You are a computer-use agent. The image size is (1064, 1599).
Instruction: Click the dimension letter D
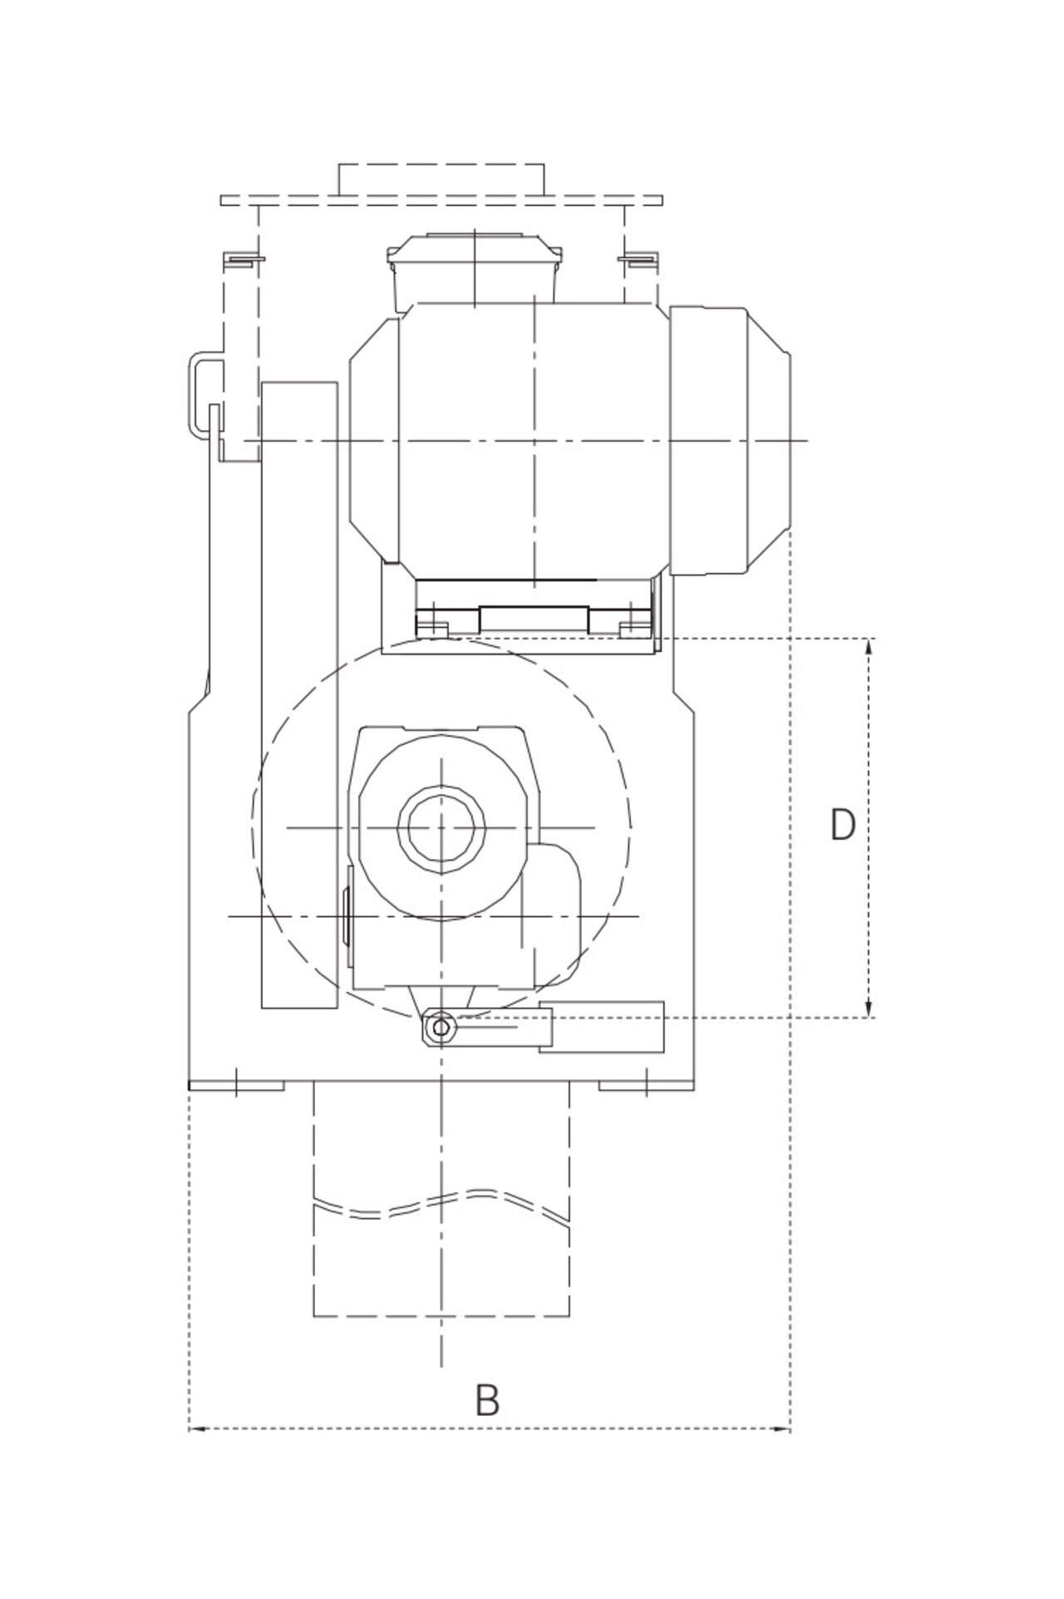pyautogui.click(x=843, y=825)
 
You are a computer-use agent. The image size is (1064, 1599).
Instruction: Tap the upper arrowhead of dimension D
pyautogui.click(x=869, y=644)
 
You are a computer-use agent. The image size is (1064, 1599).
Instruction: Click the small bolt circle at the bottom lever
pyautogui.click(x=440, y=1029)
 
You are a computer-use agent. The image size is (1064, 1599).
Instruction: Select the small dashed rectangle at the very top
pyautogui.click(x=441, y=179)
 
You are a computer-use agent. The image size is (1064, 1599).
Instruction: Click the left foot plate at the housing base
pyautogui.click(x=237, y=1085)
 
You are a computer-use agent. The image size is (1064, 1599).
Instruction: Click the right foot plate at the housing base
pyautogui.click(x=646, y=1085)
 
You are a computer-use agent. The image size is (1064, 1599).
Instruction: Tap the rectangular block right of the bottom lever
pyautogui.click(x=602, y=1028)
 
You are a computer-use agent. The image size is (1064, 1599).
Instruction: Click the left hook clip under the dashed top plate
pyautogui.click(x=242, y=260)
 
